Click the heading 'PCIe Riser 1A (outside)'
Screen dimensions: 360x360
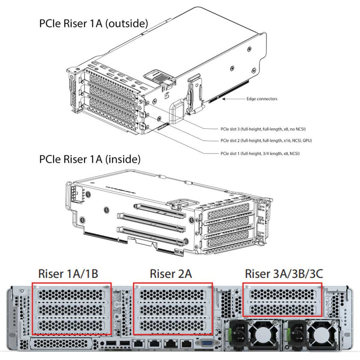pyautogui.click(x=93, y=23)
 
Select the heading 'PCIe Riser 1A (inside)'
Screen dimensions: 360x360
pyautogui.click(x=90, y=159)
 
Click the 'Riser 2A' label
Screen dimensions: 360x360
pyautogui.click(x=171, y=273)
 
